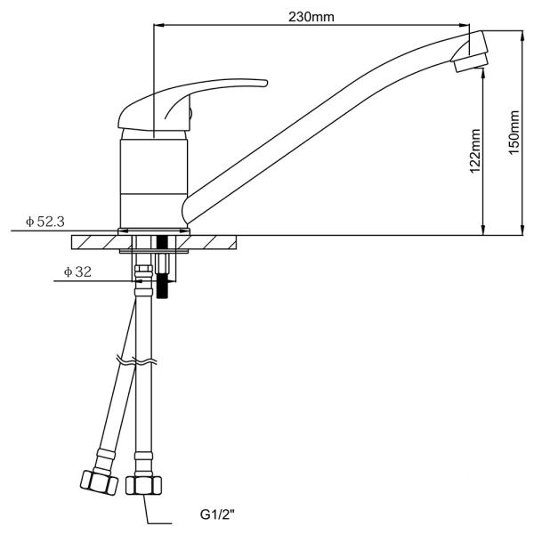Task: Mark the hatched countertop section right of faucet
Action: (x=214, y=242)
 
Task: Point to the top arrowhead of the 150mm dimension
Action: (x=521, y=36)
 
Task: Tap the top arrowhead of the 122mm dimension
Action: (x=482, y=77)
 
